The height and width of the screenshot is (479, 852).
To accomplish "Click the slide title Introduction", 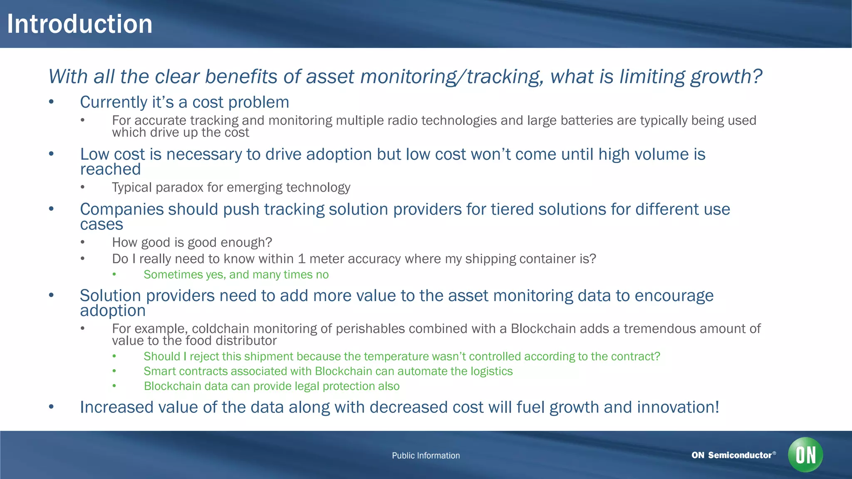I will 79,24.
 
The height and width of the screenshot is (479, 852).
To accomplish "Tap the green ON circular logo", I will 805,454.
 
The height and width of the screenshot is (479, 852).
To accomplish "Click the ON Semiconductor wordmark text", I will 731,455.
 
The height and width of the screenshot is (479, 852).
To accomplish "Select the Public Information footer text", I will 426,455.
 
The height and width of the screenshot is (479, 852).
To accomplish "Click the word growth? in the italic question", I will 726,77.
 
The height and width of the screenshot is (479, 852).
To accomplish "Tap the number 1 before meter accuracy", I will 302,259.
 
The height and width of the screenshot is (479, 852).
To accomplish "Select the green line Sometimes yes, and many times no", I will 236,274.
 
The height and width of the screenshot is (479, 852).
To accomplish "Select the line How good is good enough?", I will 192,242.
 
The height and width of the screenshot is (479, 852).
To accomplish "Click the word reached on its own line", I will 110,169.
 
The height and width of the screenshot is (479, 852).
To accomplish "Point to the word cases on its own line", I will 102,225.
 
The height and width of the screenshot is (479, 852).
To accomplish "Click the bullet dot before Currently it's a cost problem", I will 51,102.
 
